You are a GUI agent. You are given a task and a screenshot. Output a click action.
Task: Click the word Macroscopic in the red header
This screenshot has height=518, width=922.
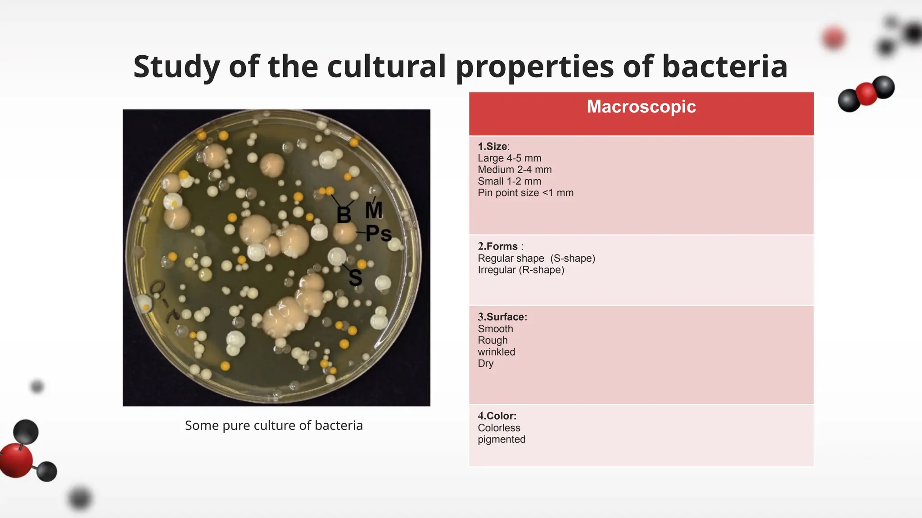point(641,107)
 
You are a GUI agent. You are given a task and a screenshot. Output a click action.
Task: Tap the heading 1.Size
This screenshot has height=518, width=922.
point(493,147)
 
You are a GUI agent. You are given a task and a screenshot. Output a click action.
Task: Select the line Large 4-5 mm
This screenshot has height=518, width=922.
point(510,158)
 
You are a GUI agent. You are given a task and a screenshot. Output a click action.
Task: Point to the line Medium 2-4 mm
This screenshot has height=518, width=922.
point(515,170)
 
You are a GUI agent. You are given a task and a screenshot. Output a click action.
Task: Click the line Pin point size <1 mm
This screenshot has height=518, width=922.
point(526,193)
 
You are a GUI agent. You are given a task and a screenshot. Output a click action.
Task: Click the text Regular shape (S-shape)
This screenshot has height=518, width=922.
point(537,259)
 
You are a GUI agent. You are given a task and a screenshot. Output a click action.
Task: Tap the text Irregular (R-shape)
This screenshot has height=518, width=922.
point(521,270)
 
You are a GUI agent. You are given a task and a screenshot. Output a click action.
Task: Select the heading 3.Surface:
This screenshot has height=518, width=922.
point(502,317)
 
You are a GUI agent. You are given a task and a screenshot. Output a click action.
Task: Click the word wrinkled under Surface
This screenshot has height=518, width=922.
point(497,352)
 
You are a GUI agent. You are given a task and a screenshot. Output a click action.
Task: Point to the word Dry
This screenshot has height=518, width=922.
point(486,364)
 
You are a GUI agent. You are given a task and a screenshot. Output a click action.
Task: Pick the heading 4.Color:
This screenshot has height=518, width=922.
point(497,416)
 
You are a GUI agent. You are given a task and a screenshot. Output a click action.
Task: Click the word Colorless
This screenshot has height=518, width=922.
point(499,428)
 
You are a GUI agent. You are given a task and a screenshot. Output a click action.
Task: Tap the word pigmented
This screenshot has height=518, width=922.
point(502,440)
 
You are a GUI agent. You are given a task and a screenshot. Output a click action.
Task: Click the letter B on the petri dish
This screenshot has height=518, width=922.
point(344,215)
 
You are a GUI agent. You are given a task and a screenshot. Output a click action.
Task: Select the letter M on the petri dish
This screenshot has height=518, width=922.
point(374,210)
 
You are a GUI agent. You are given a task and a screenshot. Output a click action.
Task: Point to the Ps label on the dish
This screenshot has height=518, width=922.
point(379,233)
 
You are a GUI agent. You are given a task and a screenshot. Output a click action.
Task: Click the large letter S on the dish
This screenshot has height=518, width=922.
point(355,277)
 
